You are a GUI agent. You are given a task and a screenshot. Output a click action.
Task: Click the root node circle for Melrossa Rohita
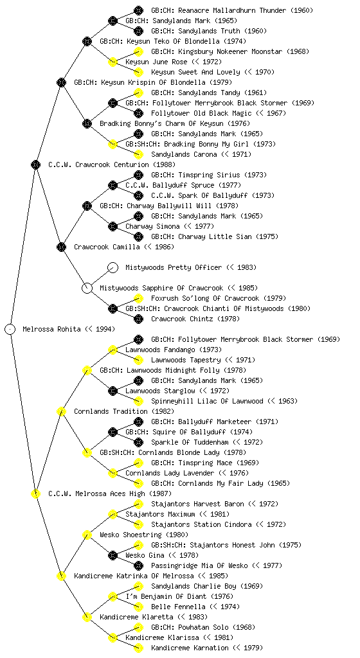coord(10,329)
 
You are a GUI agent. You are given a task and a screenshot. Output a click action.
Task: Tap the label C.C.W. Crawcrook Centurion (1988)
coord(112,164)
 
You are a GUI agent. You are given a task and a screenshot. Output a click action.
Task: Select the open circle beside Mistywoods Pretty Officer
coord(113,267)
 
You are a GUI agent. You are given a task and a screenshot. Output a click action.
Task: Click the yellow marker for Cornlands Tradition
coord(61,411)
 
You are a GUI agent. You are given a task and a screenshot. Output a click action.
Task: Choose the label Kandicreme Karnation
coord(190,648)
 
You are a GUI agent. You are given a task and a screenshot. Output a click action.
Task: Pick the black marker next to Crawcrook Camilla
coord(61,247)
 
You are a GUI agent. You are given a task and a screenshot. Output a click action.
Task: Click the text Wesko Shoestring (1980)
coord(144,535)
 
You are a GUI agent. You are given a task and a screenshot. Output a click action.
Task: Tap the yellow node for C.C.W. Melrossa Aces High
coord(35,493)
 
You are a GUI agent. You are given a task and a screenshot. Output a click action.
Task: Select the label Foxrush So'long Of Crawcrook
coord(205,298)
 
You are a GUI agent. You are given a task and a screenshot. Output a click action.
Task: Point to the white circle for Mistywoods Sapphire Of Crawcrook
coord(87,288)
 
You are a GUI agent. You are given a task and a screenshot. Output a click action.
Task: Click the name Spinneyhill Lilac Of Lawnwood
coord(207,401)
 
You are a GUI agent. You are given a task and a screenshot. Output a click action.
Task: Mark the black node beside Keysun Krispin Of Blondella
coord(61,82)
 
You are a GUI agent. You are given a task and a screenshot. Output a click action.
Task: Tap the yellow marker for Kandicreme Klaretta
coord(87,617)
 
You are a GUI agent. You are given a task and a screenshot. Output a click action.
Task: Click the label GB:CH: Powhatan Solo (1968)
coord(203,627)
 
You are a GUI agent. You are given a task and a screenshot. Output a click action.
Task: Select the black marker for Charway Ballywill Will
coord(87,206)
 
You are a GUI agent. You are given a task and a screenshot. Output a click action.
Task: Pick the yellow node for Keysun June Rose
coord(113,62)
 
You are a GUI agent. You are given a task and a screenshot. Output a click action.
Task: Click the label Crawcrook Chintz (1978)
coord(195,319)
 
